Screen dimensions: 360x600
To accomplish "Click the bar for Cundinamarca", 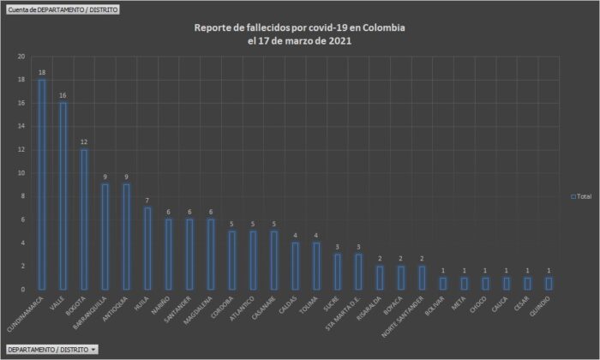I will (41, 184).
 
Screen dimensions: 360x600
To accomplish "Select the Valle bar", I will (63, 196).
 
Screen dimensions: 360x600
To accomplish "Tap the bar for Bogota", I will (84, 219).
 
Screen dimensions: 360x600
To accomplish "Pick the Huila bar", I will (147, 249).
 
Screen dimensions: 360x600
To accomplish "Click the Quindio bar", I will (549, 283).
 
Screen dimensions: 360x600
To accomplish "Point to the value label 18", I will (41, 73).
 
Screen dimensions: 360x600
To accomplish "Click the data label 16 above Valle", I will (63, 96).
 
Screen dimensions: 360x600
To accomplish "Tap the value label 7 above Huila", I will (147, 201).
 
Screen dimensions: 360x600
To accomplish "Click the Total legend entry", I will (582, 196).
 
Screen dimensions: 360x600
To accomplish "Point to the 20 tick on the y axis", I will (21, 57).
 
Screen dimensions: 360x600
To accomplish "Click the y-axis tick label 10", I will (21, 173).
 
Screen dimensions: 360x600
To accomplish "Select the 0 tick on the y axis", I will (23, 289).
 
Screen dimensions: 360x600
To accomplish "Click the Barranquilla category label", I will (97, 315).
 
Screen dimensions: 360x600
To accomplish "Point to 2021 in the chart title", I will (337, 40).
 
